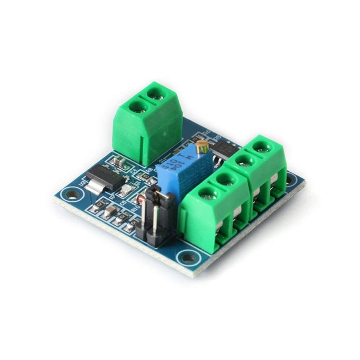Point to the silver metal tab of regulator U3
point(95,186)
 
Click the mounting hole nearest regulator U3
point(72,195)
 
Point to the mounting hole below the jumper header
point(188,258)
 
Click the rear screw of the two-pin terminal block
point(156,94)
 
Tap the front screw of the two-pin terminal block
point(137,107)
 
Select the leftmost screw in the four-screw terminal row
point(206,194)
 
